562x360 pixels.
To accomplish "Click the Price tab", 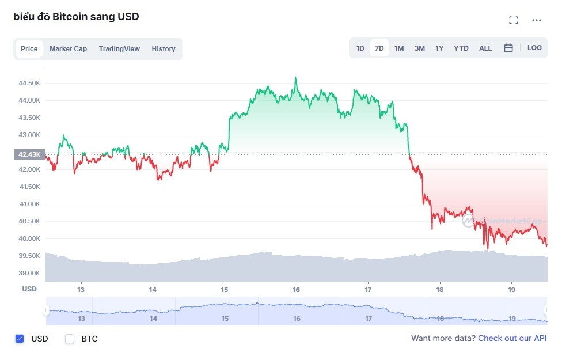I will (x=29, y=49).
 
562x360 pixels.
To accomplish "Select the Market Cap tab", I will (x=68, y=49).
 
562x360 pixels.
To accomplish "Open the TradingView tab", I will (x=119, y=49).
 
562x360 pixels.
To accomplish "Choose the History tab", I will (x=164, y=49).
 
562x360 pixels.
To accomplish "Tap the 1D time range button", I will (x=360, y=48).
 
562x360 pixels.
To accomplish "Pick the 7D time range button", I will (x=379, y=48).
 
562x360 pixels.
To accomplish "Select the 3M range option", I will (x=419, y=48).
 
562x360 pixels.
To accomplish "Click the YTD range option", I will (x=461, y=48).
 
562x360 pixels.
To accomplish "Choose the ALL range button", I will (x=485, y=48).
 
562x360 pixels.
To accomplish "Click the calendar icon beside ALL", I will (x=508, y=48).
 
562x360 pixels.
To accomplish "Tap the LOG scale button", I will (x=534, y=48).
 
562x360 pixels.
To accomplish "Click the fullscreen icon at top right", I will (x=514, y=20).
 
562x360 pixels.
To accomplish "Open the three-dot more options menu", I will (x=537, y=20).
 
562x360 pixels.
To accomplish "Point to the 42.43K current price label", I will (x=29, y=154).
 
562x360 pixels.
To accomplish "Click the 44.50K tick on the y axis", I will (x=29, y=83).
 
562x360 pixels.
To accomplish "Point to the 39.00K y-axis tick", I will (x=29, y=273).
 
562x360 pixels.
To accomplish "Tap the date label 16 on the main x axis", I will (x=297, y=289).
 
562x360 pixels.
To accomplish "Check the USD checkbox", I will (x=20, y=339).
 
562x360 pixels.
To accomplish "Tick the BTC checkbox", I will (x=70, y=339).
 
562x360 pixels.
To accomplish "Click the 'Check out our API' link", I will (x=512, y=339).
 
